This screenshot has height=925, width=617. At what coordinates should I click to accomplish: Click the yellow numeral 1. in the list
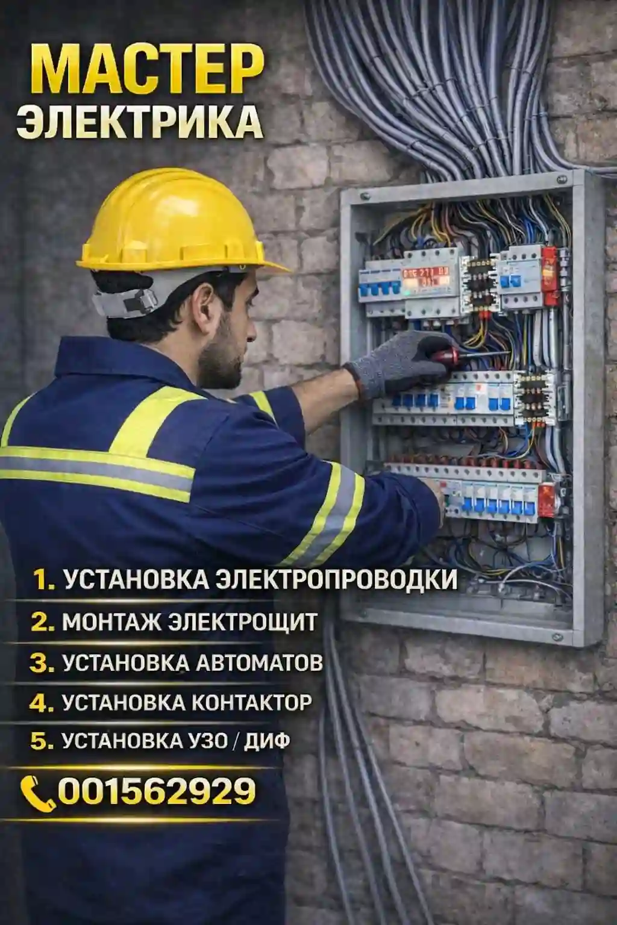(x=44, y=580)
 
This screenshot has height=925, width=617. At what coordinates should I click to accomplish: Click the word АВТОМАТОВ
(x=260, y=662)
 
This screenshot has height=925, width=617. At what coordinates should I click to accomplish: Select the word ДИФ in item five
(x=267, y=741)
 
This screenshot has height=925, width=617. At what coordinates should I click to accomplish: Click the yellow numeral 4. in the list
(x=42, y=702)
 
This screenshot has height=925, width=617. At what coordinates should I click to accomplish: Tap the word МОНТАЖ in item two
(x=113, y=622)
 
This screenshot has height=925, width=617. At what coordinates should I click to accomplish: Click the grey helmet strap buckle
(x=136, y=299)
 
